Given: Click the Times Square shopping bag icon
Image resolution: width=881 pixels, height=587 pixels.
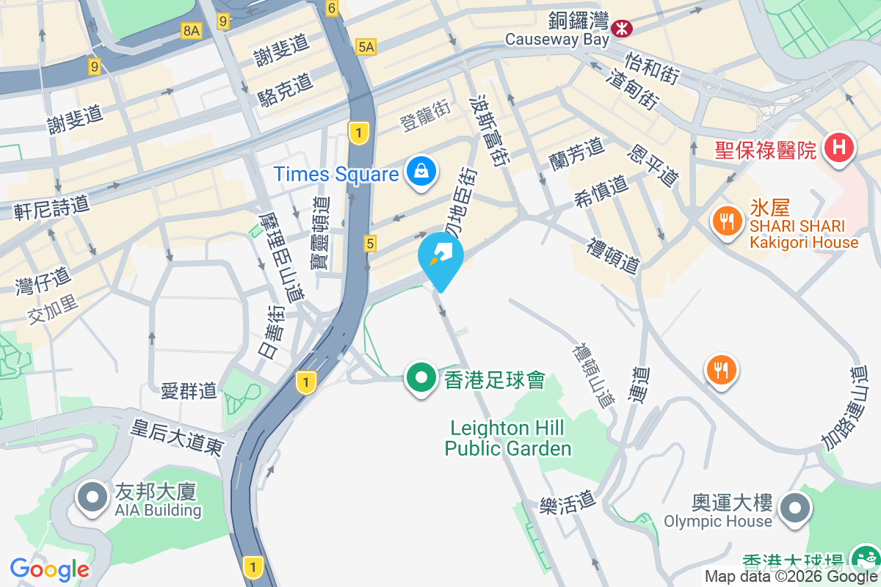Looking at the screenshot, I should click(421, 172).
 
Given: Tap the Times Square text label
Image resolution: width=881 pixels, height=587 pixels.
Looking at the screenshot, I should click(336, 174).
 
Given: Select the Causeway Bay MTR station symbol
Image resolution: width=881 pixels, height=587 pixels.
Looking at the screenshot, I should click(623, 28).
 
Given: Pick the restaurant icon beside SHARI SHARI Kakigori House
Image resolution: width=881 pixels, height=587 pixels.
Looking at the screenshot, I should click(727, 220).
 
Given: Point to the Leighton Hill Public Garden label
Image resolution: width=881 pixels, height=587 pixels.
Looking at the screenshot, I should click(507, 438).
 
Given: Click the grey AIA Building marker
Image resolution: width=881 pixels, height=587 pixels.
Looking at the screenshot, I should click(93, 497).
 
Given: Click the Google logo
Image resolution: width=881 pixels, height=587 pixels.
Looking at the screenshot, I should click(49, 569).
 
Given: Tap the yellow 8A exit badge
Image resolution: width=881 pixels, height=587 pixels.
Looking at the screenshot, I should click(191, 30).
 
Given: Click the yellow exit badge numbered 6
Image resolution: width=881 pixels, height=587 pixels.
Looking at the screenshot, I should click(332, 9).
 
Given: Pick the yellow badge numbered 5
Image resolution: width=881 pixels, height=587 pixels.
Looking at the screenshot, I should click(370, 243).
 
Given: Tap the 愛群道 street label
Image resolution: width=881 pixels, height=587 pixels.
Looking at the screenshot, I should click(189, 390).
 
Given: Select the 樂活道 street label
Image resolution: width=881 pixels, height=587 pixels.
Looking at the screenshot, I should click(568, 503).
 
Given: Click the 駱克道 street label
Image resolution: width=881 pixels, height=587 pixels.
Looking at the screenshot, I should click(286, 90).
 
